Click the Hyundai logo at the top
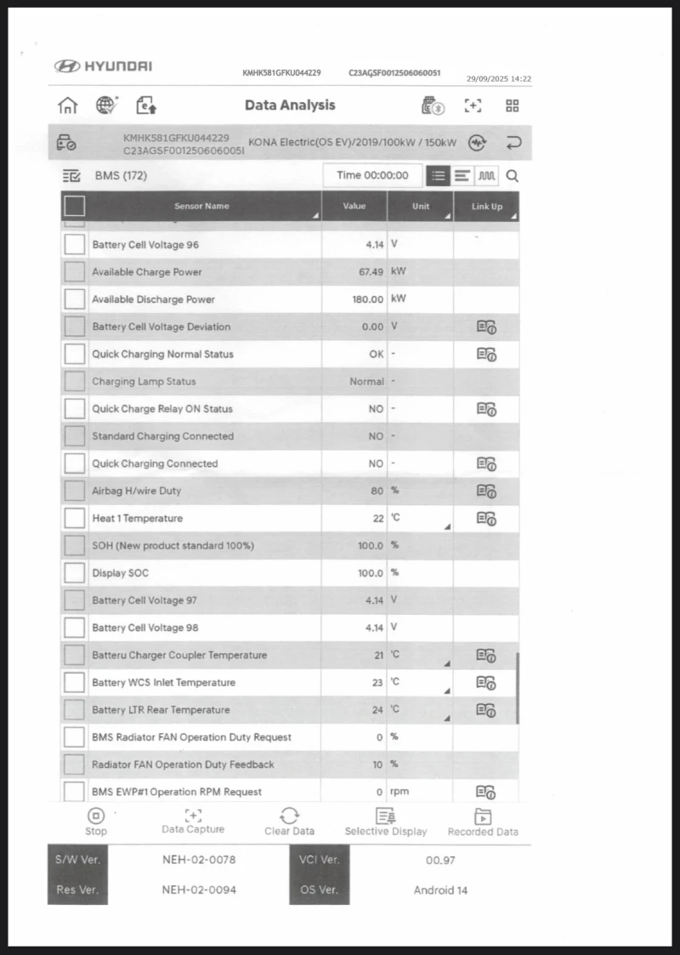pyautogui.click(x=103, y=66)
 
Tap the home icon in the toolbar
pyautogui.click(x=67, y=105)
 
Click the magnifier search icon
pyautogui.click(x=513, y=176)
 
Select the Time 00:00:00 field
pyautogui.click(x=372, y=175)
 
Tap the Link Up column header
pyautogui.click(x=486, y=207)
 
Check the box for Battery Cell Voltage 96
pyautogui.click(x=75, y=245)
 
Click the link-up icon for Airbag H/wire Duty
pyautogui.click(x=486, y=491)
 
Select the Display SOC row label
pyautogui.click(x=120, y=573)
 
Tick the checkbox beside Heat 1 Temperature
pyautogui.click(x=75, y=518)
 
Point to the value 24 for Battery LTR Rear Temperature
pyautogui.click(x=378, y=710)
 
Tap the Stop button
pyautogui.click(x=96, y=821)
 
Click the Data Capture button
pyautogui.click(x=193, y=821)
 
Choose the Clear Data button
pyautogui.click(x=289, y=821)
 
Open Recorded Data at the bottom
pyautogui.click(x=483, y=821)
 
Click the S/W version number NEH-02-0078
pyautogui.click(x=199, y=860)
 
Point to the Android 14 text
pyautogui.click(x=440, y=890)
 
